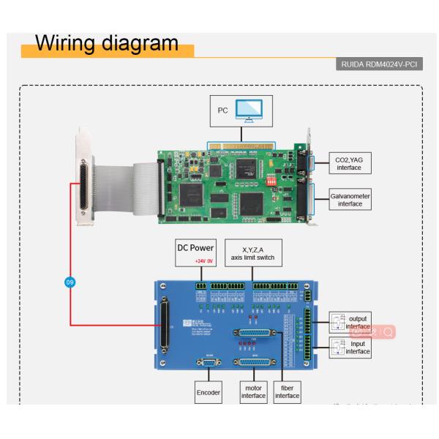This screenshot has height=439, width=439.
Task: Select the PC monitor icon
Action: tap(252, 112)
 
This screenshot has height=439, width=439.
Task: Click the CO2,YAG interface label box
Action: tap(347, 162)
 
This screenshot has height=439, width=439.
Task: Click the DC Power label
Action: tap(195, 247)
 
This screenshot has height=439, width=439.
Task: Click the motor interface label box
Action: tap(253, 391)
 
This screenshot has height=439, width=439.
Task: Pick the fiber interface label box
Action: tap(288, 391)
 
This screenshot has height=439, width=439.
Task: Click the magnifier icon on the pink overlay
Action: tap(388, 331)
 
